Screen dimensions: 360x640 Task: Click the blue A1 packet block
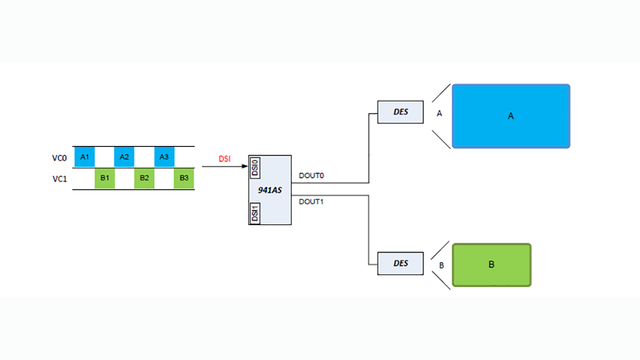(84, 157)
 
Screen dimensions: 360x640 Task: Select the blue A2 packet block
(124, 157)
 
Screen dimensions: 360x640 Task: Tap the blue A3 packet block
(164, 157)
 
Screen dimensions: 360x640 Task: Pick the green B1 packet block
(104, 178)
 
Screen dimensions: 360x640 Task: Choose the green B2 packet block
(144, 178)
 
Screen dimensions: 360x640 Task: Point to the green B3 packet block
(184, 178)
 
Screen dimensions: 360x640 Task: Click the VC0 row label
(59, 158)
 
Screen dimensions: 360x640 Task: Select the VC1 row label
(59, 178)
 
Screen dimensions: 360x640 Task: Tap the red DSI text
(225, 159)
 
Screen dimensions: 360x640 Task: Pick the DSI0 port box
(254, 168)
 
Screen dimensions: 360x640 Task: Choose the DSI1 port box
(254, 213)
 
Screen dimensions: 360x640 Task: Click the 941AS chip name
(270, 190)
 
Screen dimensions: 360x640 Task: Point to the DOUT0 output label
(311, 176)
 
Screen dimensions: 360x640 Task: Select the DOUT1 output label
(311, 201)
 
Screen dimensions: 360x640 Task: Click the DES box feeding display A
(400, 112)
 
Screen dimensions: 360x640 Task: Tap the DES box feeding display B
(400, 263)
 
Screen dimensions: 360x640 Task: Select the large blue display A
(510, 116)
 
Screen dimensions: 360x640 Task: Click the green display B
(491, 265)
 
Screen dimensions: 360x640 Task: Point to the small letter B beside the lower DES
(441, 265)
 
